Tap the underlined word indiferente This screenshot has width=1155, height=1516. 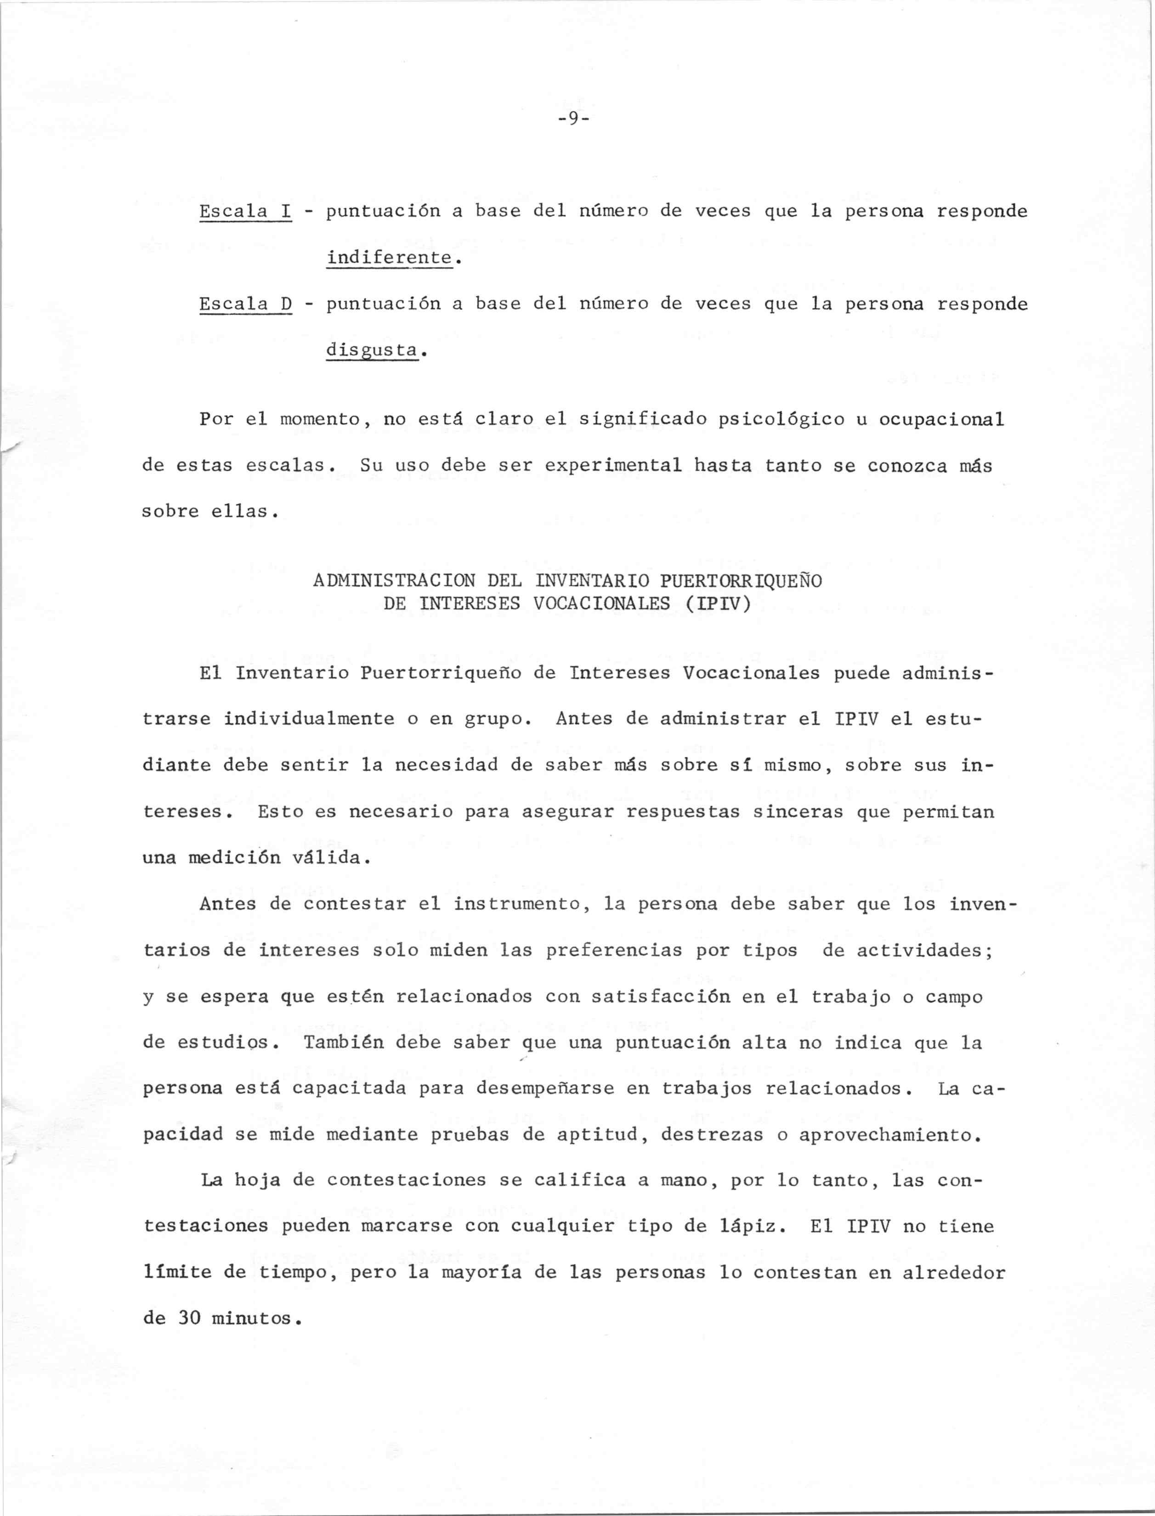[389, 259]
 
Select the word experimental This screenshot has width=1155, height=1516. [613, 466]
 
